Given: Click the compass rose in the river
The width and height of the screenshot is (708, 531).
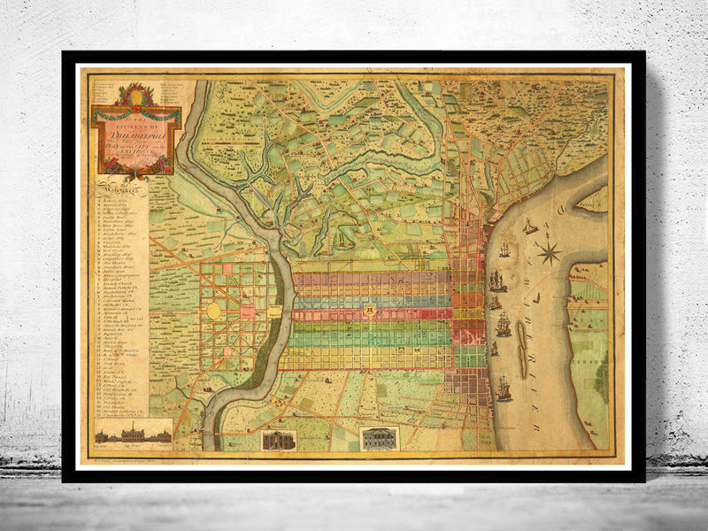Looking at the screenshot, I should pyautogui.click(x=549, y=254).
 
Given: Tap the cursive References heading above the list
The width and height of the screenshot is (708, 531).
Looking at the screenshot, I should pyautogui.click(x=122, y=188).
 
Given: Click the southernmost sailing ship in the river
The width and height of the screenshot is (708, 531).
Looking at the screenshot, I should pyautogui.click(x=504, y=388).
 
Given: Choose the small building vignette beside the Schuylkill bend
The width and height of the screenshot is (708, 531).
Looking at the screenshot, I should pyautogui.click(x=278, y=440).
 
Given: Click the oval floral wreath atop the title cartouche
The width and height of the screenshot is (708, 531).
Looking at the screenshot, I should pyautogui.click(x=135, y=95).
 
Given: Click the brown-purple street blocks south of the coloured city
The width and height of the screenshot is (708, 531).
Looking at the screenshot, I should pyautogui.click(x=465, y=389).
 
